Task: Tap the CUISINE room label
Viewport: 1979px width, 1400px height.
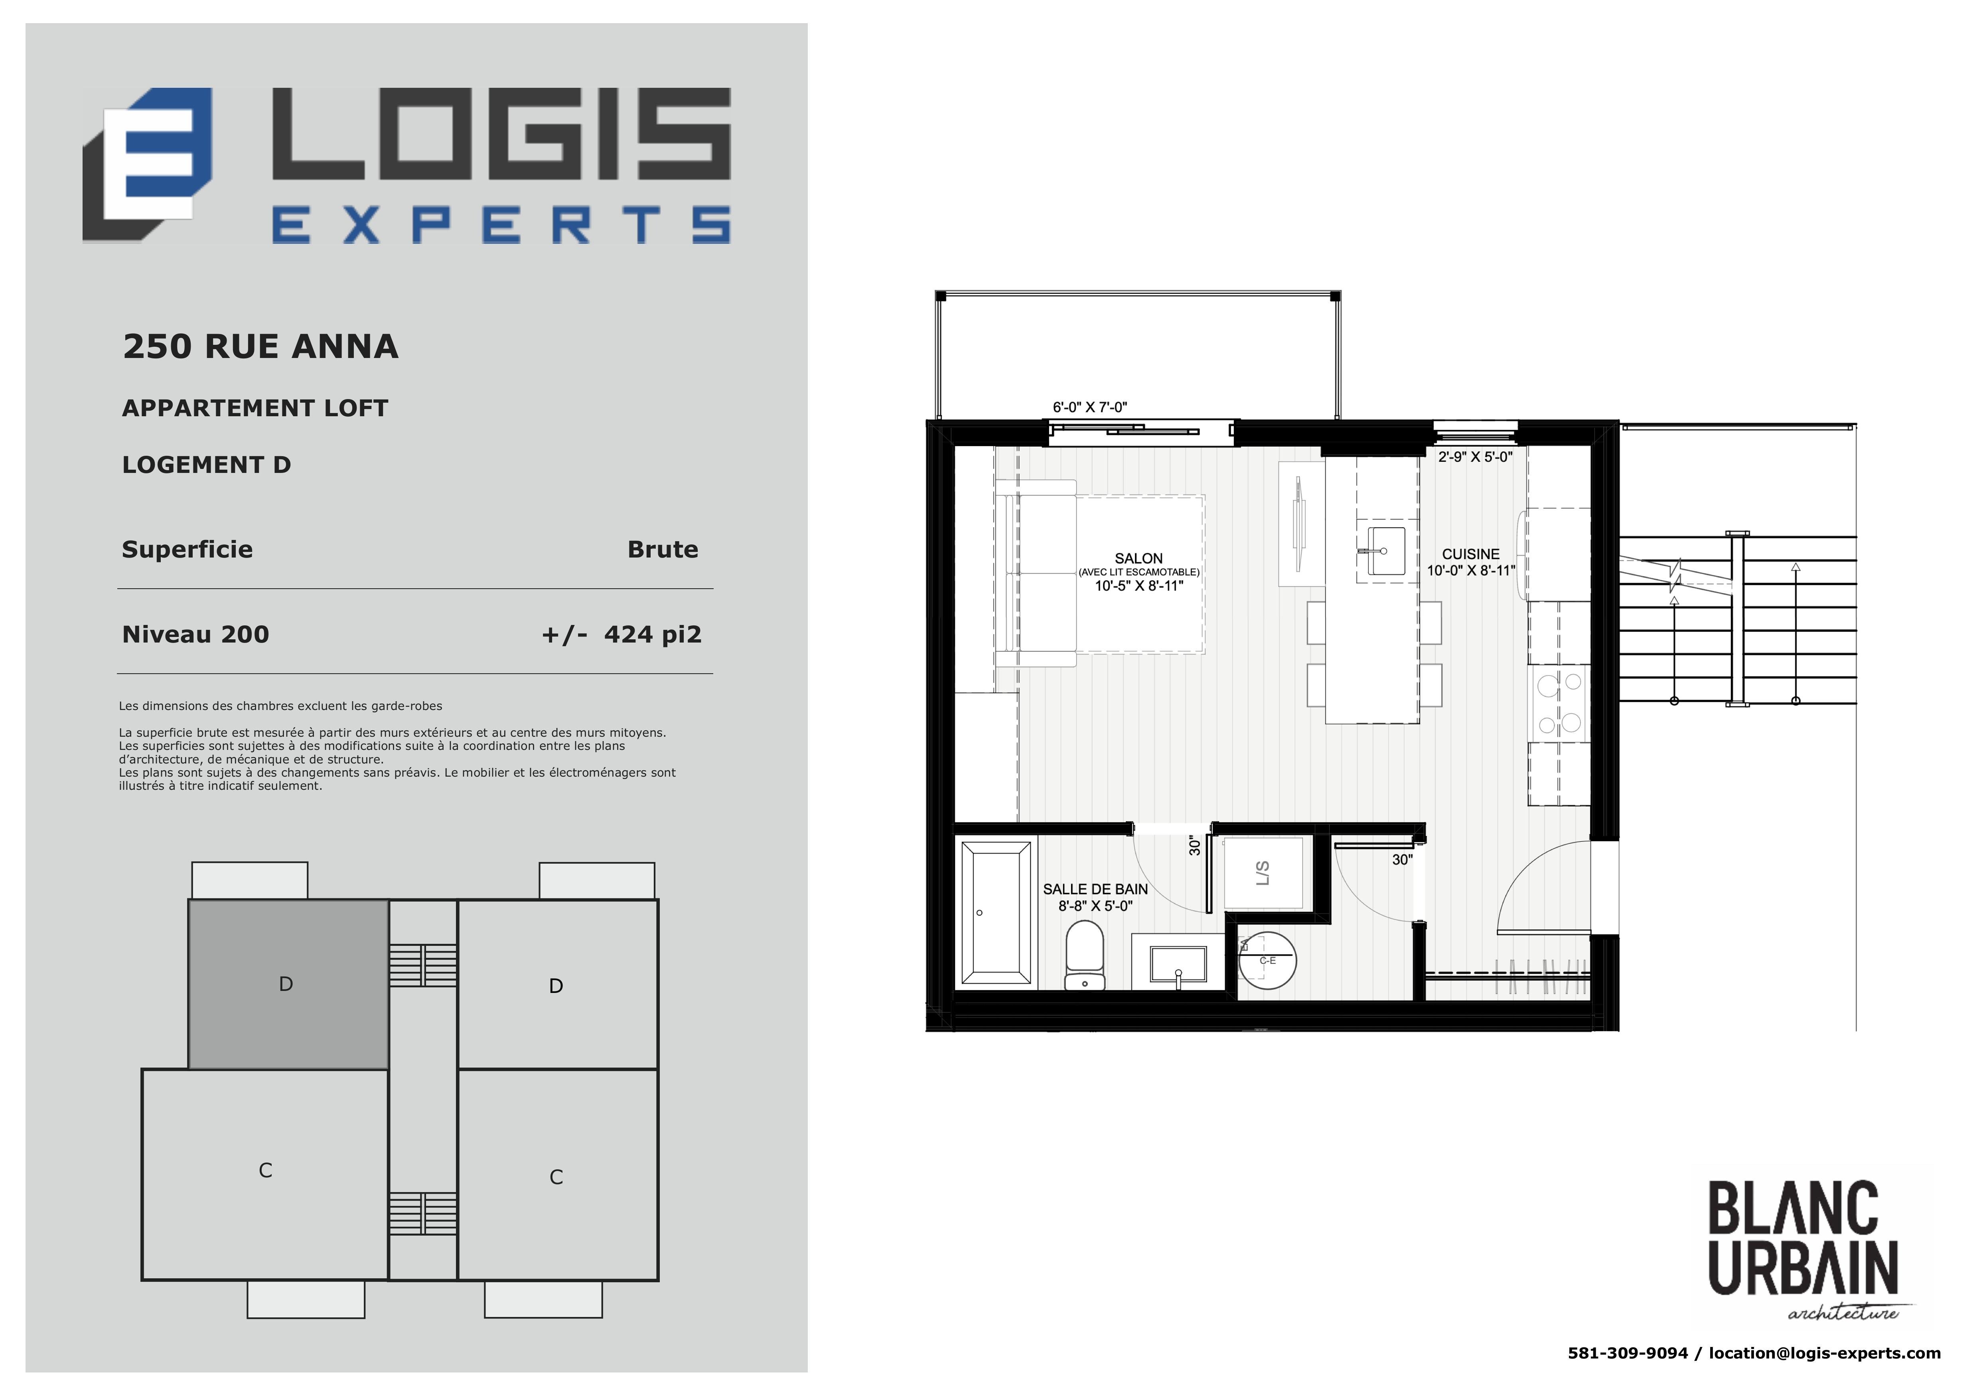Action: pos(1470,554)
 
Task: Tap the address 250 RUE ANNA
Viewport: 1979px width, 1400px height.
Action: pos(260,346)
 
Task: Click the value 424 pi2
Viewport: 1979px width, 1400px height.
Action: pos(653,635)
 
